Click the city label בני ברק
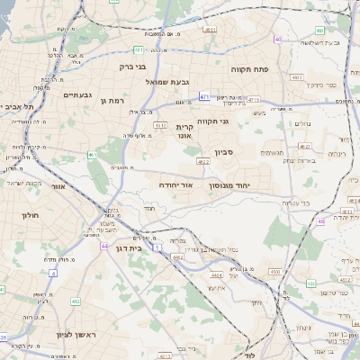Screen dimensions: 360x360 pos(132,66)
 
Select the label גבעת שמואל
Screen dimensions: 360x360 pos(165,81)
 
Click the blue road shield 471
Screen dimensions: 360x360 pos(205,97)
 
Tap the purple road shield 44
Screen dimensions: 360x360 pos(105,245)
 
